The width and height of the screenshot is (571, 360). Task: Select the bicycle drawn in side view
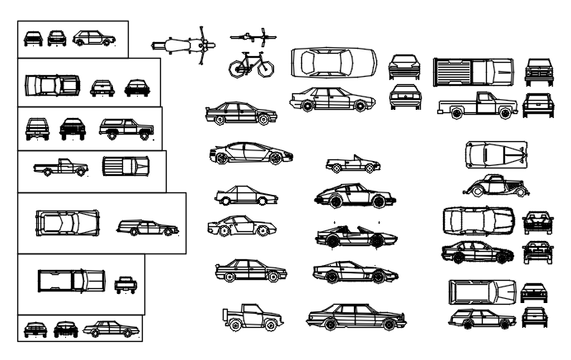click(251, 64)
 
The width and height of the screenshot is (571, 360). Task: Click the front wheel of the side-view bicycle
click(265, 68)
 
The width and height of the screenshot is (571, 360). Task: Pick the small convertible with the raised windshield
click(352, 163)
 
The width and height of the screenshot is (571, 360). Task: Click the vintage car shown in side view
click(495, 187)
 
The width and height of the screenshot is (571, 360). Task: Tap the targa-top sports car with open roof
click(356, 238)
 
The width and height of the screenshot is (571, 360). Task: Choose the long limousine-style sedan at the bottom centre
click(356, 315)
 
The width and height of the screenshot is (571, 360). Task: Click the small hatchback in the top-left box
click(93, 38)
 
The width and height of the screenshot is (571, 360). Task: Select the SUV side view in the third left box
click(126, 129)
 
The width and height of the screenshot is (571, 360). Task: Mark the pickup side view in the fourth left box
click(60, 168)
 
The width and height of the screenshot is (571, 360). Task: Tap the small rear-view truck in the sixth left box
click(125, 284)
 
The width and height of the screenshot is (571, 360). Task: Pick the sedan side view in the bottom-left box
click(111, 329)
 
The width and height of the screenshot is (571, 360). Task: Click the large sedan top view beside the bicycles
click(333, 63)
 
